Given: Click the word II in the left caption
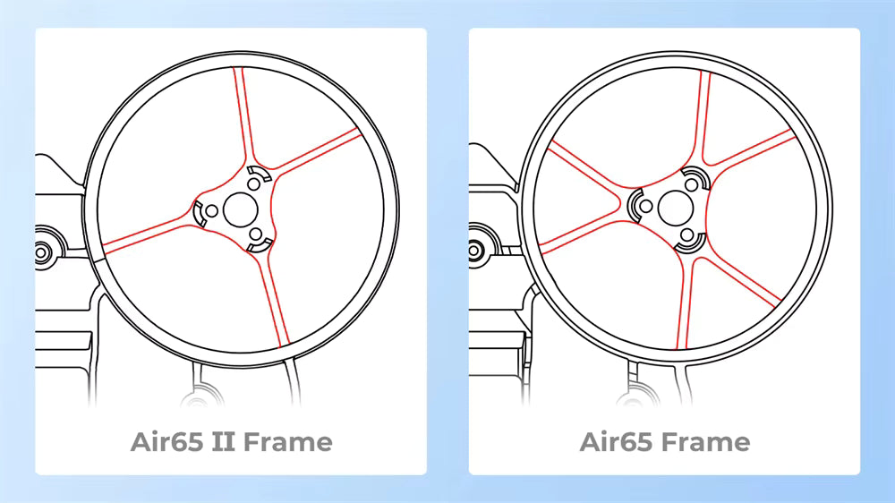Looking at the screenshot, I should tap(223, 441).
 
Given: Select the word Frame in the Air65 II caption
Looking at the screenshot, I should tap(286, 441).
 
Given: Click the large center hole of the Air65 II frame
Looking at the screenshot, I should tap(239, 209).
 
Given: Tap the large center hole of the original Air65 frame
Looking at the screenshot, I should tap(673, 208).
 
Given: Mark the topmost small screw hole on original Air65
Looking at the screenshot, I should tap(690, 183).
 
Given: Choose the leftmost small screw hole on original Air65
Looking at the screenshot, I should tap(644, 207).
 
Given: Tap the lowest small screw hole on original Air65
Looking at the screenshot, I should tap(687, 233).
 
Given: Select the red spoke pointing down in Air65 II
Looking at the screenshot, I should tap(272, 295).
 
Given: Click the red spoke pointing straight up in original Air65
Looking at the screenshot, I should tap(704, 116).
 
